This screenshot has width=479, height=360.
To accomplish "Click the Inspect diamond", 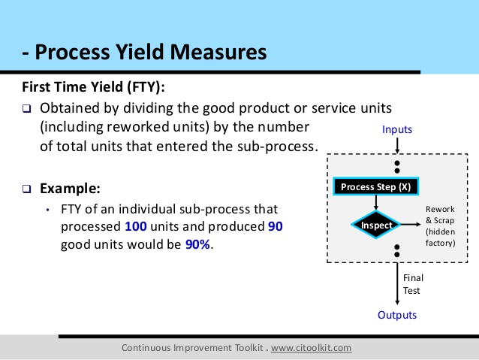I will click(x=377, y=225).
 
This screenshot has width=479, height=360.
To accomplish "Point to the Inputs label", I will click(x=397, y=130).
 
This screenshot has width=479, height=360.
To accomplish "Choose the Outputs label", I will click(x=397, y=315).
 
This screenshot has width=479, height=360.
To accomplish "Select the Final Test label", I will click(x=413, y=284).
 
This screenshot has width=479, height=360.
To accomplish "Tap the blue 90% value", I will click(x=198, y=244).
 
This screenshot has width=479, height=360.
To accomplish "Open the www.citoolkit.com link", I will click(x=310, y=348).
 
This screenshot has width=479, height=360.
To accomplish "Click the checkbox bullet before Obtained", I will click(x=26, y=108).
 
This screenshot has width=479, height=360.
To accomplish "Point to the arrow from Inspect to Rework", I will click(x=408, y=225).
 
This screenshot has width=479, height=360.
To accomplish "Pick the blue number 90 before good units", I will click(x=275, y=226).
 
